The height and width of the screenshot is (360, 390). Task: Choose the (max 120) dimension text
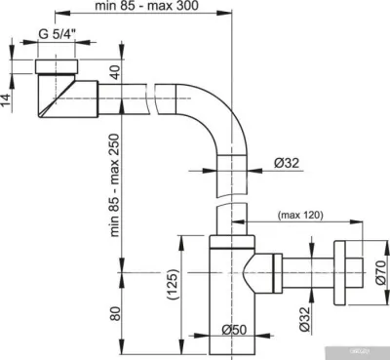(303, 214)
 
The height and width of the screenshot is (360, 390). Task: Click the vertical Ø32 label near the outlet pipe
(306, 317)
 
